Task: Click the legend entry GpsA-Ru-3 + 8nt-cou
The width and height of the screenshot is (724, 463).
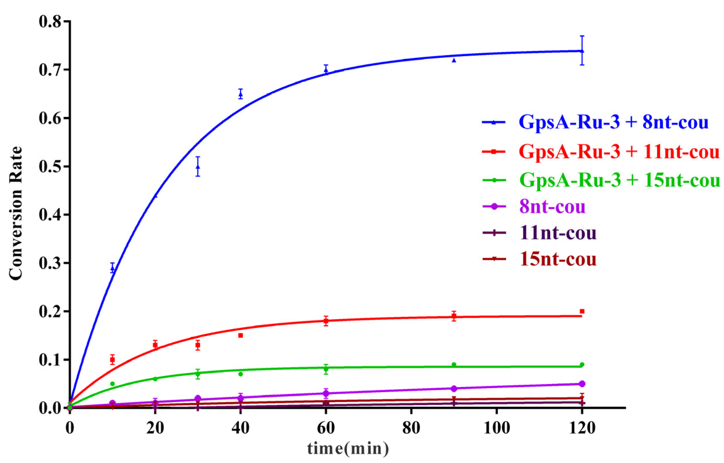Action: [614, 122]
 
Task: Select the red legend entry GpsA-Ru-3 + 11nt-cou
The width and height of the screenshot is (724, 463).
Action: [619, 152]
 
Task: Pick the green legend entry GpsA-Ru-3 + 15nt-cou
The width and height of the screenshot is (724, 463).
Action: [619, 180]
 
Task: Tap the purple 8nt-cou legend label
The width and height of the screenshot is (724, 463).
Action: [553, 206]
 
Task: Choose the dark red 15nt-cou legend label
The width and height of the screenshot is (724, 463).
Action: [558, 259]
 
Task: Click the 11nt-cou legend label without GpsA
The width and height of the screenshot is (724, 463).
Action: [558, 233]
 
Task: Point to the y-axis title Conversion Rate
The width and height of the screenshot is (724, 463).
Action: [16, 213]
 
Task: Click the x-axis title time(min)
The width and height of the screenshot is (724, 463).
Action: [348, 449]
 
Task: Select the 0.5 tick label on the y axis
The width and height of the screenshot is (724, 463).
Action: [50, 166]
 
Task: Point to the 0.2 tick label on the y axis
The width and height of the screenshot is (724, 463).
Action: [50, 311]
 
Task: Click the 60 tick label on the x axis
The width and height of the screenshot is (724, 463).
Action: [326, 428]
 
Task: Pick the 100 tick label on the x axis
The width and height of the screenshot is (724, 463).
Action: [497, 428]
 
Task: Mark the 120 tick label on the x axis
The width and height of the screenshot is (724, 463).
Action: [582, 428]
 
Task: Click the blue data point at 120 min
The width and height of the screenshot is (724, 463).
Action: [582, 51]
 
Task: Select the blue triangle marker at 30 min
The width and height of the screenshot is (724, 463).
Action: [198, 167]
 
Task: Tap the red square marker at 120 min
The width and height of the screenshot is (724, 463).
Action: [582, 311]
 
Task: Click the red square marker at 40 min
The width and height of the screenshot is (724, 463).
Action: [240, 335]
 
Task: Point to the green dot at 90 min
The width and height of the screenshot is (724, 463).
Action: [454, 364]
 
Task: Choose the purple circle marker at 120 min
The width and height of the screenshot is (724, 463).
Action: [582, 384]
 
